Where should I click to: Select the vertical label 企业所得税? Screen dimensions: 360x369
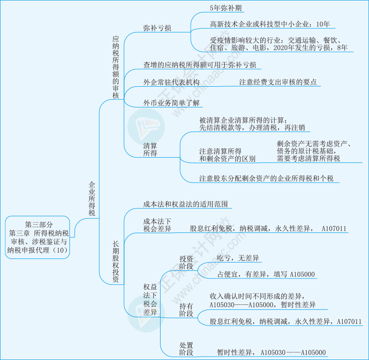point(92,198)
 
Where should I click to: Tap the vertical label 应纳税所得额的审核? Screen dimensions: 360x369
point(115,67)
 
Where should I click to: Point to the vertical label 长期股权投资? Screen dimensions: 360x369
point(115,262)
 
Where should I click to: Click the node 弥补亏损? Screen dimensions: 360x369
point(157,28)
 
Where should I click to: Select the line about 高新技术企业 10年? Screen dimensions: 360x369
point(269,24)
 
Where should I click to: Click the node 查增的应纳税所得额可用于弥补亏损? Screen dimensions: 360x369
point(199,64)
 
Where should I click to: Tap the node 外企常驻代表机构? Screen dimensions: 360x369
point(171,82)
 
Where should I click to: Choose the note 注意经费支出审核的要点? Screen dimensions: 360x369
point(278,82)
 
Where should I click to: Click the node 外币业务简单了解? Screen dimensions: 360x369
point(172,103)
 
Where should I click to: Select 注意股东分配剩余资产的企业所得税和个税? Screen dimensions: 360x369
point(266,178)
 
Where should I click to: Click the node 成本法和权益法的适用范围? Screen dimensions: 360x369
point(185,204)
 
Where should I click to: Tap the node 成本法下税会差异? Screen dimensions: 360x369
point(157,225)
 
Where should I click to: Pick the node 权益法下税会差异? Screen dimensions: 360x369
point(150,299)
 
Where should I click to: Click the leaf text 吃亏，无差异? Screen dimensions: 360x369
point(238,258)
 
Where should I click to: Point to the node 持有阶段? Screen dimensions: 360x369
point(186,310)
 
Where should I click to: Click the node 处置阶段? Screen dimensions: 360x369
point(186,349)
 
